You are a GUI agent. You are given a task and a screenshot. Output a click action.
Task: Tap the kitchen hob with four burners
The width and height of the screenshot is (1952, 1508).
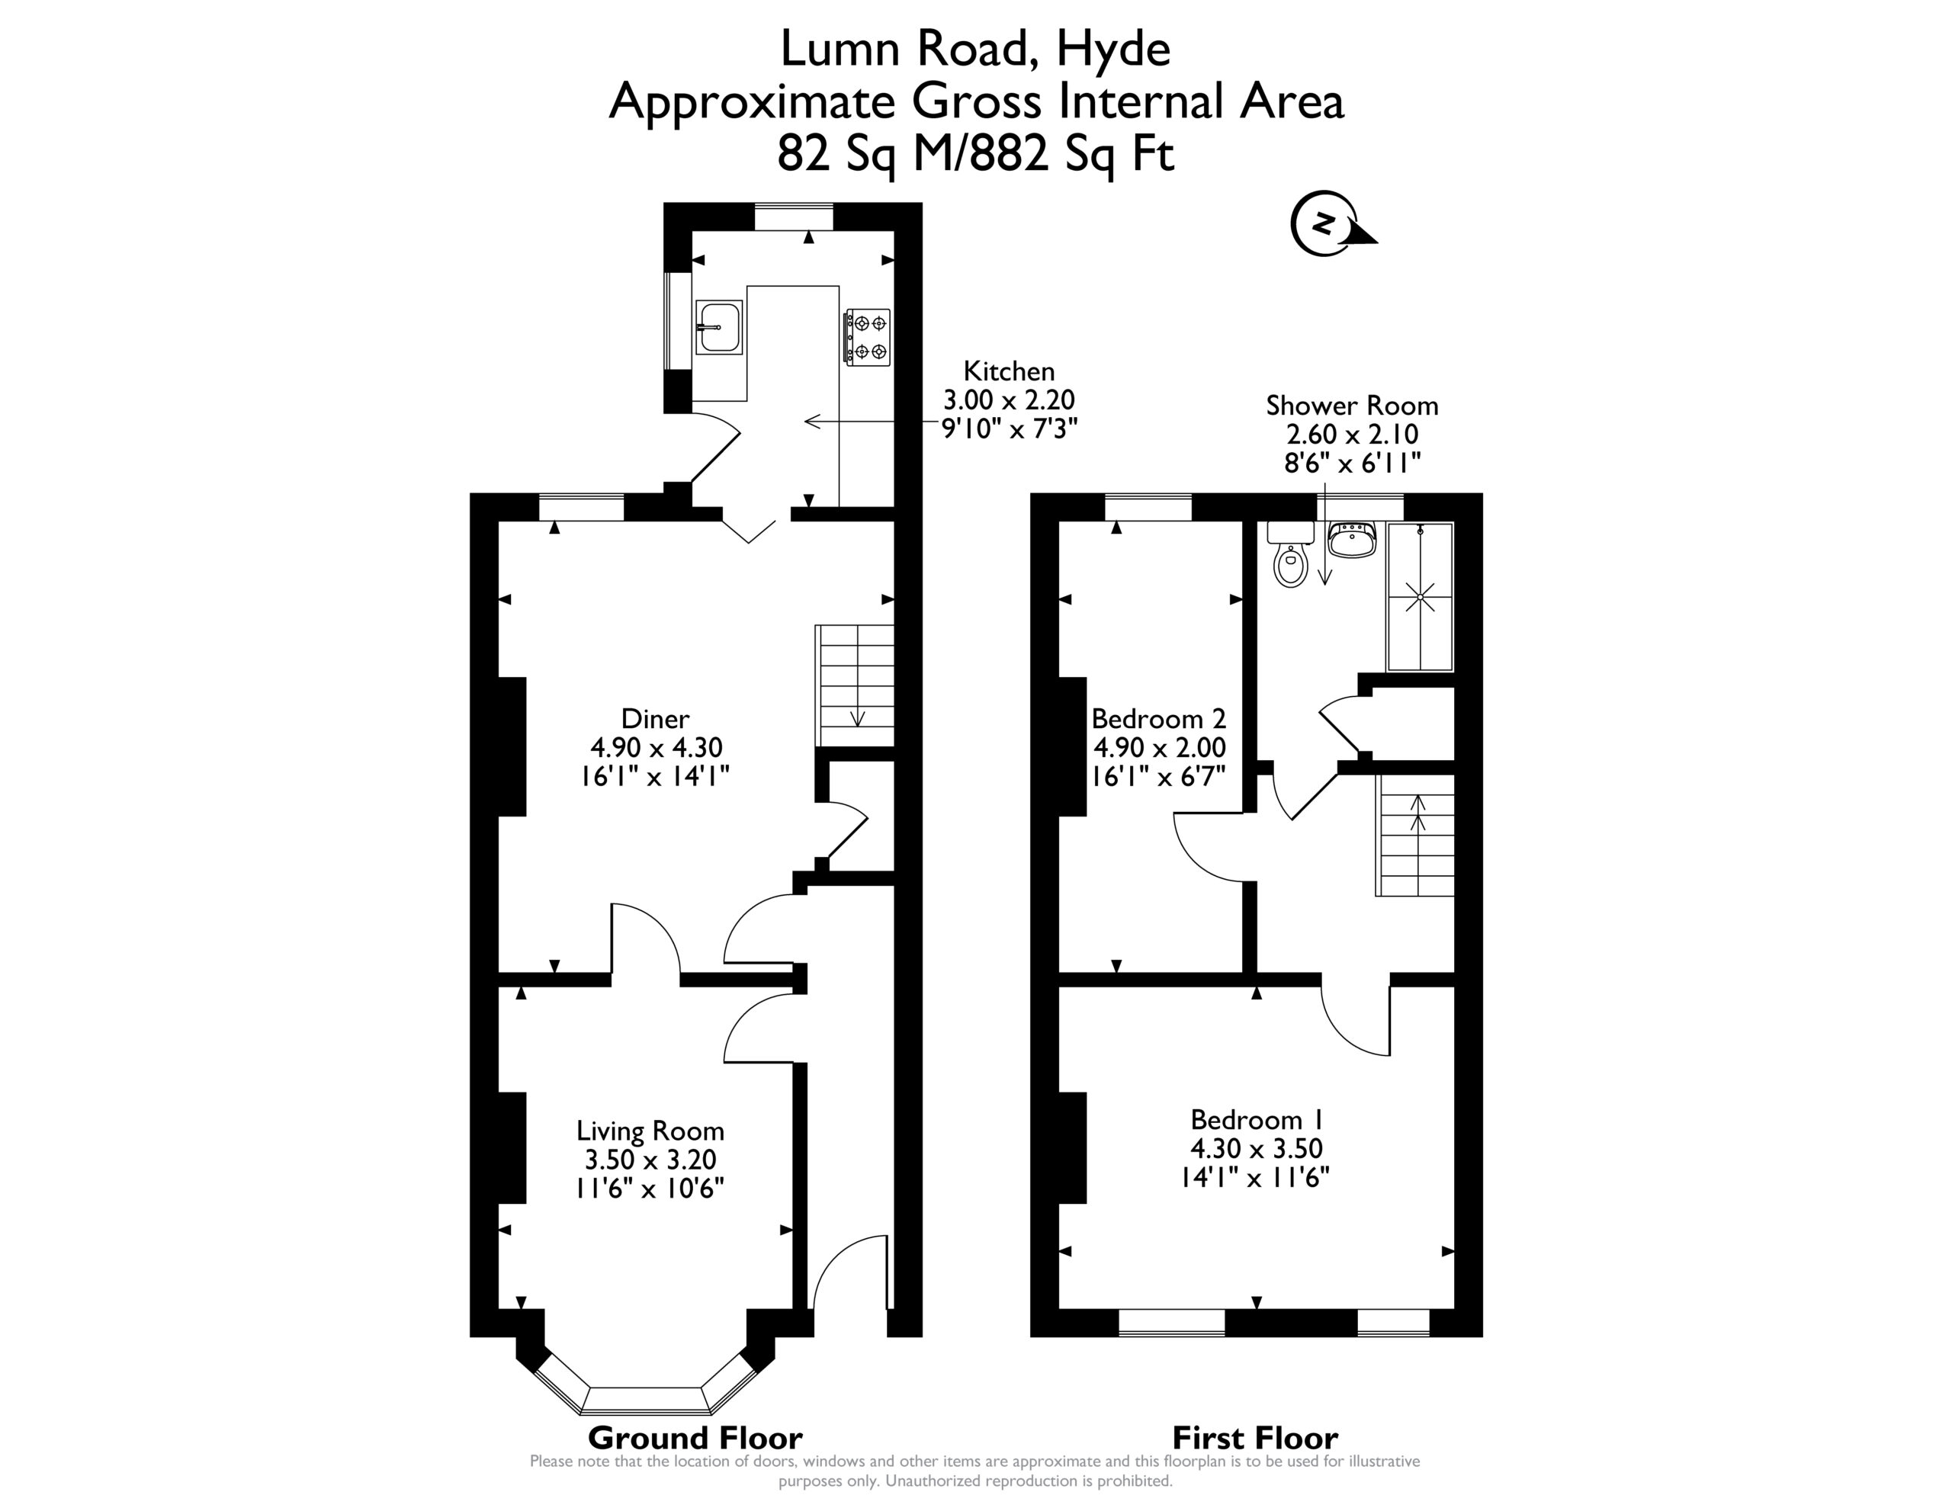pyautogui.click(x=868, y=336)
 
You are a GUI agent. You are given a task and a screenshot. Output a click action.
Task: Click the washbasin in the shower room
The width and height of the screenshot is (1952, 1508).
pyautogui.click(x=1351, y=540)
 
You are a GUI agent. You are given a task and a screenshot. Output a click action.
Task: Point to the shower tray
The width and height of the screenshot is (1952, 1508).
pyautogui.click(x=1419, y=597)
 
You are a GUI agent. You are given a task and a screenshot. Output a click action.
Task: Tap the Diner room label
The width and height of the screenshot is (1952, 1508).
pyautogui.click(x=655, y=718)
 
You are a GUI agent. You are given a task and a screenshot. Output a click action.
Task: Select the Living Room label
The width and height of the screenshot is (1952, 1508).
pyautogui.click(x=650, y=1131)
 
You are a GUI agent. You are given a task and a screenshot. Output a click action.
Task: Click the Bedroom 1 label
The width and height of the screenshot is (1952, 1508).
pyautogui.click(x=1256, y=1119)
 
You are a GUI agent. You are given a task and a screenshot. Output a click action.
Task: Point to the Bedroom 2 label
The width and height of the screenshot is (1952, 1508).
pyautogui.click(x=1158, y=718)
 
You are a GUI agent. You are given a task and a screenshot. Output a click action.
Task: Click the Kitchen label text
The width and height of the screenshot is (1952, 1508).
pyautogui.click(x=1009, y=371)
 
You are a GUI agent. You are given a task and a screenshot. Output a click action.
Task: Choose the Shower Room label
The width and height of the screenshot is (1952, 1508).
pyautogui.click(x=1351, y=405)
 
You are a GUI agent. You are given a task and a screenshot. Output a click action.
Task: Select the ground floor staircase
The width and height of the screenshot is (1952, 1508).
pyautogui.click(x=855, y=685)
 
